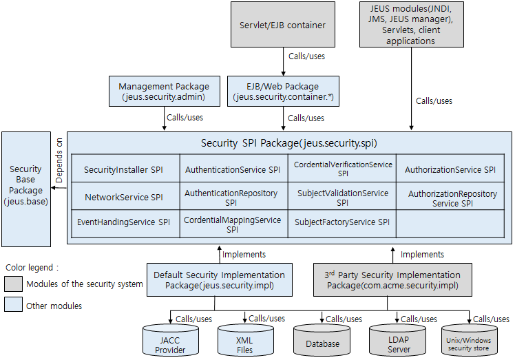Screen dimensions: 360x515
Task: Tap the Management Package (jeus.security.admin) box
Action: [164, 92]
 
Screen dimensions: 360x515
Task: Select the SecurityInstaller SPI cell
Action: [123, 169]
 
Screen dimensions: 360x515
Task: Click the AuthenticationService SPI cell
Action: [233, 169]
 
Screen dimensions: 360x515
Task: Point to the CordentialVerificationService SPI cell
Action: [342, 169]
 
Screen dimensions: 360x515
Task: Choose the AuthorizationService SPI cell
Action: [450, 169]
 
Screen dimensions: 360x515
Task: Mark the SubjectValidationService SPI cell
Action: [342, 198]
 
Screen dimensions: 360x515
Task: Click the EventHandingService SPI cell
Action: [123, 222]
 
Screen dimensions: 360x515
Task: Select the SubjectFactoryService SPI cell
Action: [342, 222]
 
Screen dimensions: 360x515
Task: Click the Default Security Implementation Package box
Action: [219, 280]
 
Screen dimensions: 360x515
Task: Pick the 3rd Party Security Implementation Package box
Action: [392, 280]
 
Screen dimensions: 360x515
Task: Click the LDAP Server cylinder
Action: [399, 342]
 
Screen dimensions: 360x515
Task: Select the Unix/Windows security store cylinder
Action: [470, 342]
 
